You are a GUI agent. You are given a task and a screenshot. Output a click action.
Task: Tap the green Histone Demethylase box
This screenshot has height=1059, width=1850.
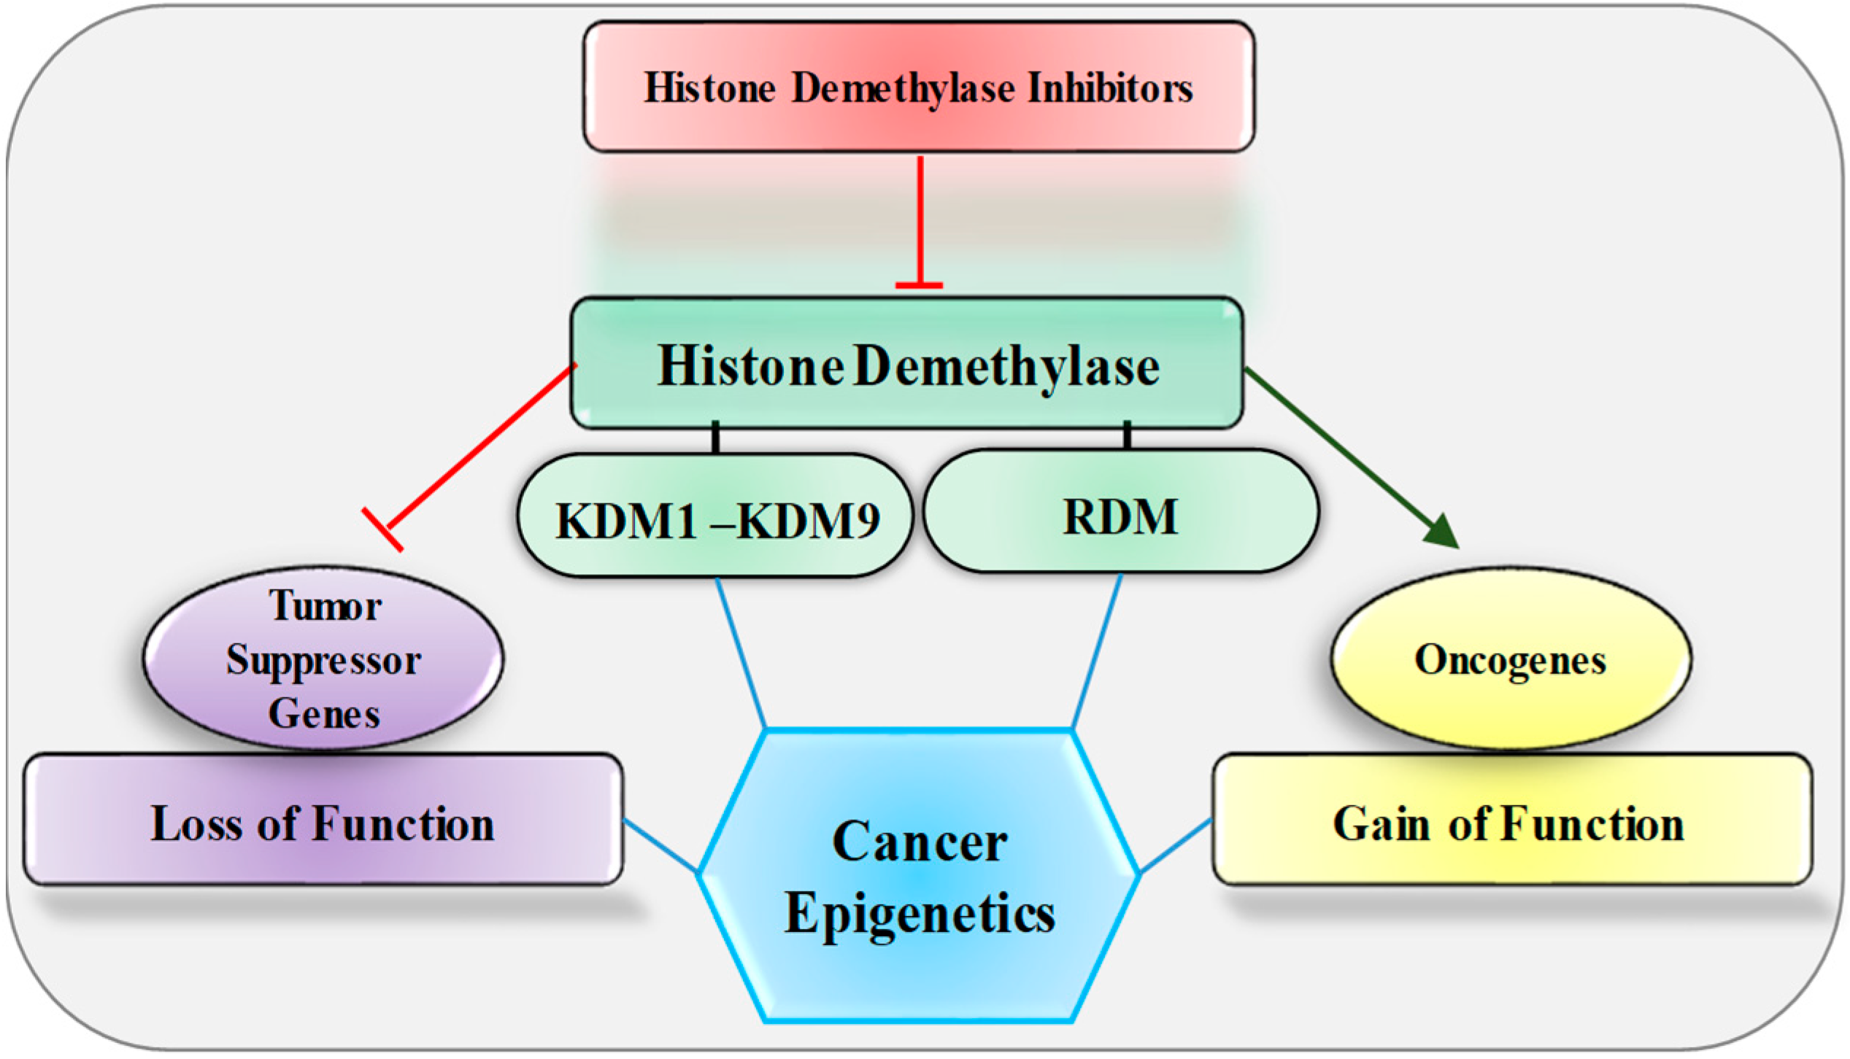coord(907,364)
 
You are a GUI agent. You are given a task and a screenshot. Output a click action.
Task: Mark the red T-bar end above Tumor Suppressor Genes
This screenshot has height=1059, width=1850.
coord(382,529)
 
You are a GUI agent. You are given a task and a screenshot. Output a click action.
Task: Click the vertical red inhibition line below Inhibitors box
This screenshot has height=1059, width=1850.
coord(920,219)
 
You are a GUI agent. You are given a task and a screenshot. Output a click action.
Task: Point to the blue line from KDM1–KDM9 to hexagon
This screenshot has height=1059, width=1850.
coord(739,653)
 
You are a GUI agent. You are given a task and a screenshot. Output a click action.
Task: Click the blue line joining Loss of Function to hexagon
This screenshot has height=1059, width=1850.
coord(660,846)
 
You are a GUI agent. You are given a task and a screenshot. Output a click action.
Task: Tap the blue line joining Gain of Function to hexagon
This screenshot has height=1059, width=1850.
coord(1175,846)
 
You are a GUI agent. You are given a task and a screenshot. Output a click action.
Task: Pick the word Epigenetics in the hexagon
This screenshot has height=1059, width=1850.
coord(920,914)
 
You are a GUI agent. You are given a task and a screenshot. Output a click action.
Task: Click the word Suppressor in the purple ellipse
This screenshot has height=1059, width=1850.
coord(323,661)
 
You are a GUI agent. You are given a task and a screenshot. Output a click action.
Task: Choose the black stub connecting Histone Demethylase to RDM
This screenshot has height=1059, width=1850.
coord(1128,436)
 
